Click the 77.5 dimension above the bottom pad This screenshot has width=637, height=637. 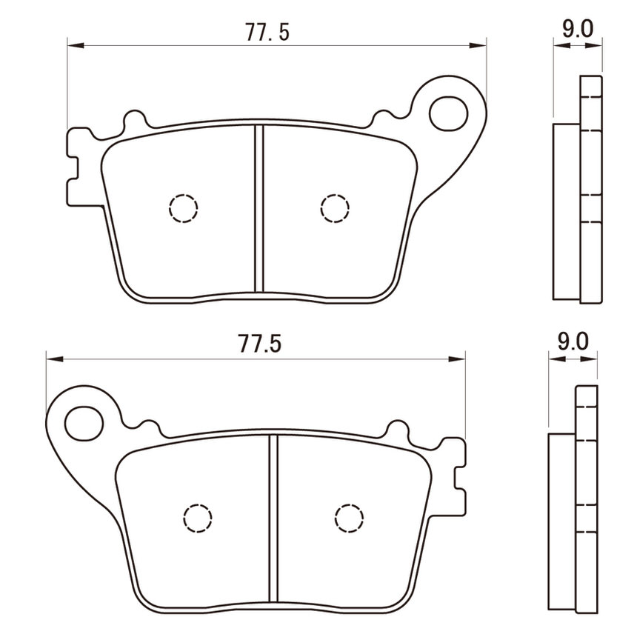(259, 344)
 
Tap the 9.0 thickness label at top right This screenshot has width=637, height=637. (577, 28)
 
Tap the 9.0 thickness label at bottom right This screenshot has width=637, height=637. (573, 341)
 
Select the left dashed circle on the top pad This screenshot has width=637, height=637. (183, 208)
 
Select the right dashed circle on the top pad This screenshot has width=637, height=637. (335, 208)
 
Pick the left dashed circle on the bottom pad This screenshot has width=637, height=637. (198, 518)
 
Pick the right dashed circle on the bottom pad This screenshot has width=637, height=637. (350, 518)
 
